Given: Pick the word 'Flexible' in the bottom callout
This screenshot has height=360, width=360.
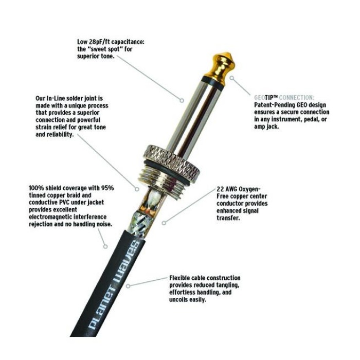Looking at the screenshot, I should pos(182,278).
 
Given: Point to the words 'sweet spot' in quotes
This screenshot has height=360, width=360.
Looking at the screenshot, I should pos(110,49).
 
